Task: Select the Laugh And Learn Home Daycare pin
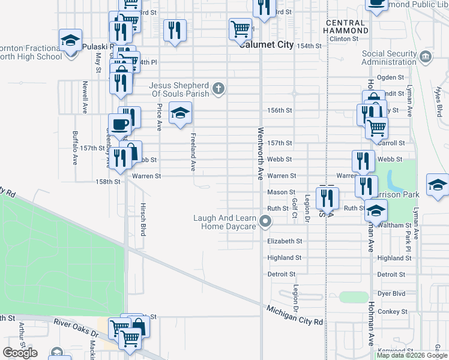265,223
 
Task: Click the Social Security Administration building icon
426,58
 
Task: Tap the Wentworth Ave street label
261,154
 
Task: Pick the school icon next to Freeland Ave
179,112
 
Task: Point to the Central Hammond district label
346,26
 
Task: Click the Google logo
20,352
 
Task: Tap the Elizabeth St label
284,241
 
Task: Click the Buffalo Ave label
75,148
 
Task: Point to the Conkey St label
393,311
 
